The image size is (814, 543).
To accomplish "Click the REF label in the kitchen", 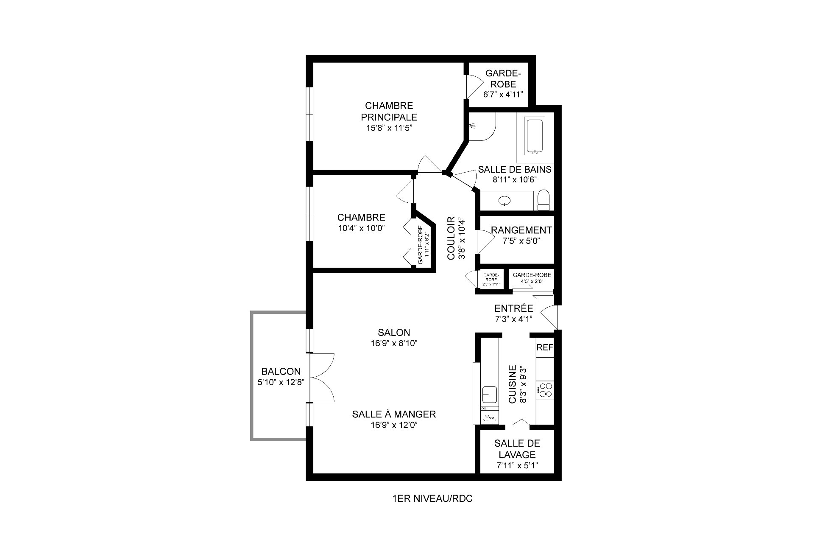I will pos(545,347).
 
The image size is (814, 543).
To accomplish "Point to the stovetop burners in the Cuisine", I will pos(545,390).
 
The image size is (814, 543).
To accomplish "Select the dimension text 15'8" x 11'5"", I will pos(389,128).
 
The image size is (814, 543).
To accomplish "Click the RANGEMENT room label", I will pos(521,230).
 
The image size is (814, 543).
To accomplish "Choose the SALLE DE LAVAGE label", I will pos(517,449).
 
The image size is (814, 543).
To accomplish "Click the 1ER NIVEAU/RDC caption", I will pos(432,499).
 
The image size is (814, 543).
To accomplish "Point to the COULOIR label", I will pos(451,238).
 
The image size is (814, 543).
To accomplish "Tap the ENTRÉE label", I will pos(513,308).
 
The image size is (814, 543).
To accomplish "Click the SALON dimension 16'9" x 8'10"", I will pos(394,343).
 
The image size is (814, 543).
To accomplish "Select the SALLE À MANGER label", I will pos(394,414).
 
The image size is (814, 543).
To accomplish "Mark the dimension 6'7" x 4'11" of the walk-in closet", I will pos(504,94).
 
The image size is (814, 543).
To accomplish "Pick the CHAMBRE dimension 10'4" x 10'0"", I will pos(361,228).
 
